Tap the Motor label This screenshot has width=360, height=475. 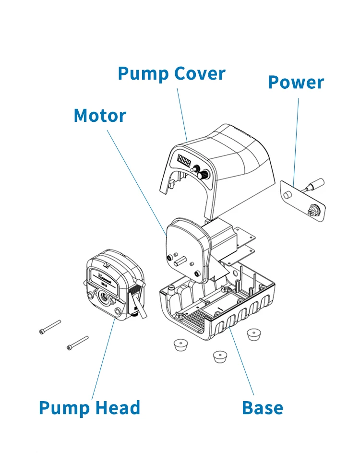[x=100, y=116]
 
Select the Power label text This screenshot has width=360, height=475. [x=296, y=83]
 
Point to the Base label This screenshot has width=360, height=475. [x=262, y=408]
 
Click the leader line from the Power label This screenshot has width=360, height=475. [x=296, y=139]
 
